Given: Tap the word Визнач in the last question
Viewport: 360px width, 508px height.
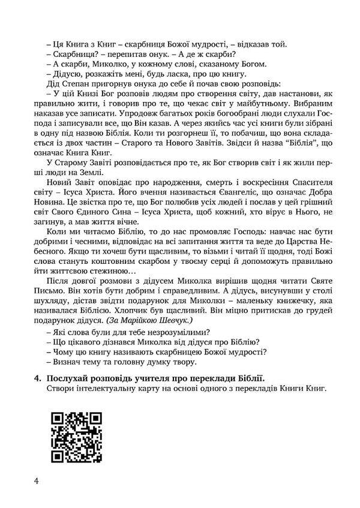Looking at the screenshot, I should click(x=70, y=362).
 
